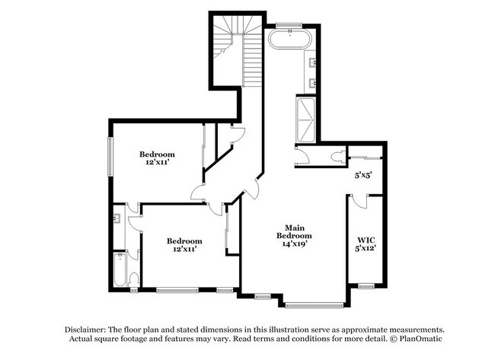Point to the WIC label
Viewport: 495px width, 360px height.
[364, 237]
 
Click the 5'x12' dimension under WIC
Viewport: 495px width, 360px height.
[365, 247]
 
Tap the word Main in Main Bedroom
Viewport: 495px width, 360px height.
[295, 227]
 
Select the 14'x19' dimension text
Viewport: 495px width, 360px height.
[295, 244]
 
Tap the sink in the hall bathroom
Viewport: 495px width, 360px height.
[117, 218]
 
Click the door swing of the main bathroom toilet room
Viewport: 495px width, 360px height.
[302, 156]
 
